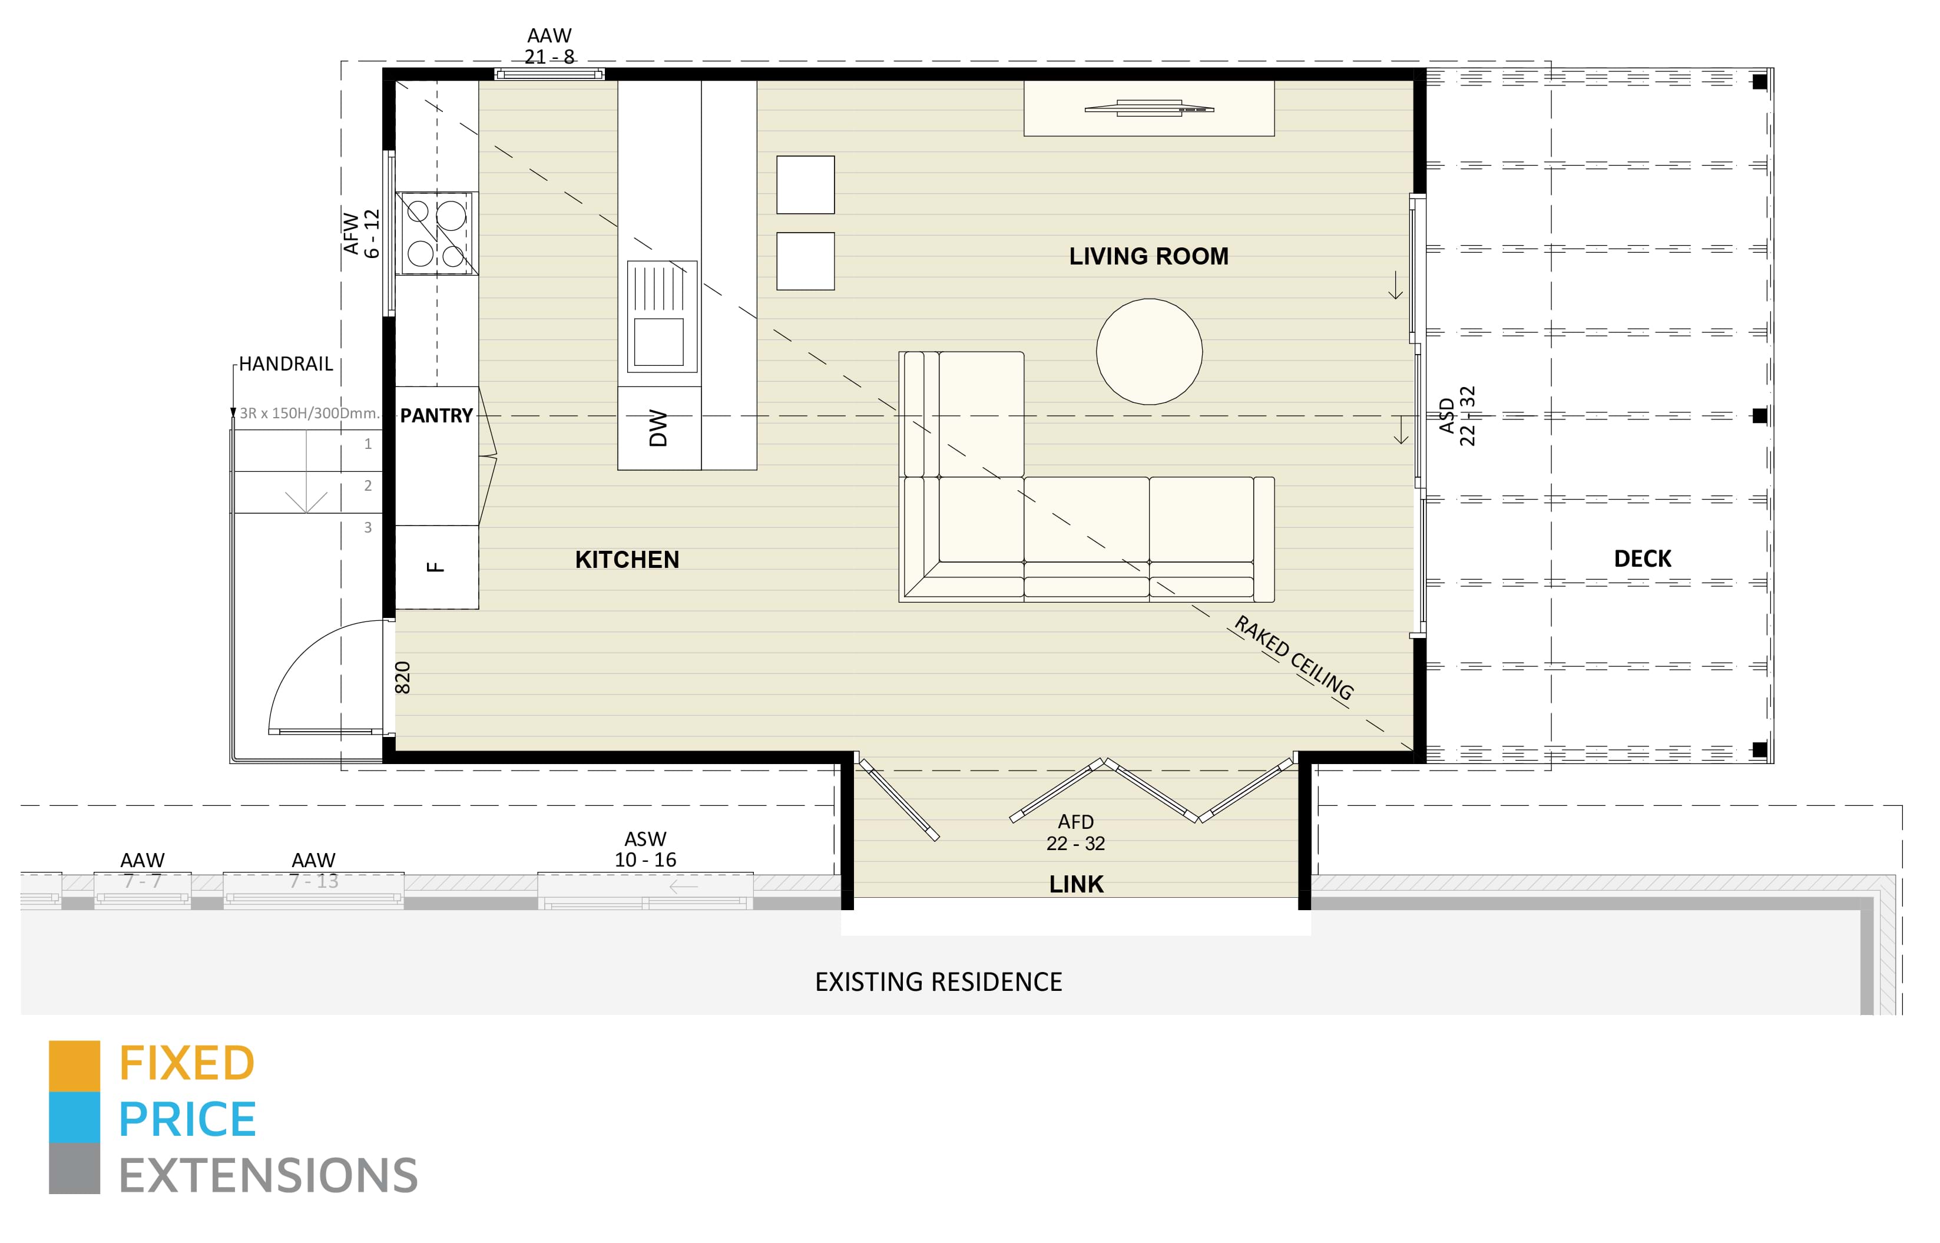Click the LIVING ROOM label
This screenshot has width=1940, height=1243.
[x=1148, y=257]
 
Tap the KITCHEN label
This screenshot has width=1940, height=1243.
[x=627, y=560]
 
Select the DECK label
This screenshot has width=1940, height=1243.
[x=1642, y=558]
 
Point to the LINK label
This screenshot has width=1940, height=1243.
[x=1075, y=884]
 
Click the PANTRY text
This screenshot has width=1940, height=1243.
[x=436, y=416]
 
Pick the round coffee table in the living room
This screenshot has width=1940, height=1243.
[x=1149, y=352]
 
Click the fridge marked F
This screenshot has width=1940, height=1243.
[x=436, y=567]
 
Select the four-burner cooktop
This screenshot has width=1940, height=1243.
[x=436, y=233]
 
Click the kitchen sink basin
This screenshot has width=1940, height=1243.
[x=658, y=342]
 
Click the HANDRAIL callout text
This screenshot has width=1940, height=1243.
[x=286, y=364]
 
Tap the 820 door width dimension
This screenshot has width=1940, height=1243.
[x=403, y=678]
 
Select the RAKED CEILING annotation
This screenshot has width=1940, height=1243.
[x=1293, y=658]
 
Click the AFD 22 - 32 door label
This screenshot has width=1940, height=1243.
[x=1075, y=832]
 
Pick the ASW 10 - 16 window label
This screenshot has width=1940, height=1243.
[x=645, y=849]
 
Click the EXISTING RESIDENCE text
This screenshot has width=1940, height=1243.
[x=939, y=982]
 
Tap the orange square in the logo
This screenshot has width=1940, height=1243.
[x=74, y=1066]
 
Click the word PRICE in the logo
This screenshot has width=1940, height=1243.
[x=187, y=1119]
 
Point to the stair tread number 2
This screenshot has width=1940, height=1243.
[x=368, y=485]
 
